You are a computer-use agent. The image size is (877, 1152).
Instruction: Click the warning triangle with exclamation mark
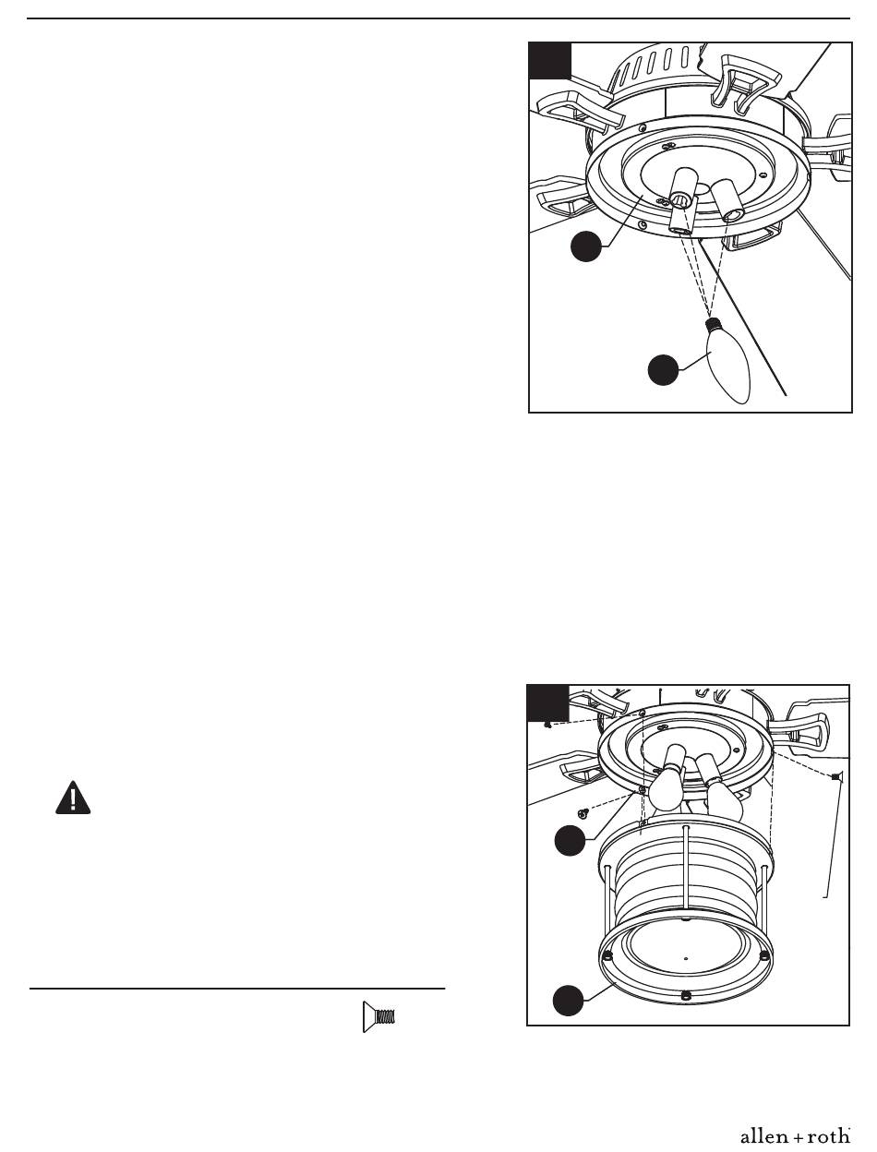[x=73, y=798]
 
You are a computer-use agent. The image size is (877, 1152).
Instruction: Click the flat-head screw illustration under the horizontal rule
[x=378, y=1017]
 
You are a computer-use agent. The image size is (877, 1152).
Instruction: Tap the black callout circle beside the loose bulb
[x=663, y=370]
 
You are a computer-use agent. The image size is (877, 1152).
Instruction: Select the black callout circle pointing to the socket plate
[x=586, y=246]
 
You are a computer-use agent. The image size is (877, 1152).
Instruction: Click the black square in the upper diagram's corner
[x=550, y=60]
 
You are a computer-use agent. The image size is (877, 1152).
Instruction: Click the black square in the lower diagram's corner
[x=548, y=703]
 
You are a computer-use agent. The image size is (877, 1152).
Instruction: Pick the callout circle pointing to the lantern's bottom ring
[x=568, y=1001]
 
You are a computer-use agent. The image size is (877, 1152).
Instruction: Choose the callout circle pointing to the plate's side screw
[x=570, y=841]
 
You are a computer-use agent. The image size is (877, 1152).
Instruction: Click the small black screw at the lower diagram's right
[x=835, y=776]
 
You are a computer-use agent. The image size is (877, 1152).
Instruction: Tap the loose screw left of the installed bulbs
[x=582, y=813]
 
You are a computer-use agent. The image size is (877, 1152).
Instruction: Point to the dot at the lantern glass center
[x=685, y=958]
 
